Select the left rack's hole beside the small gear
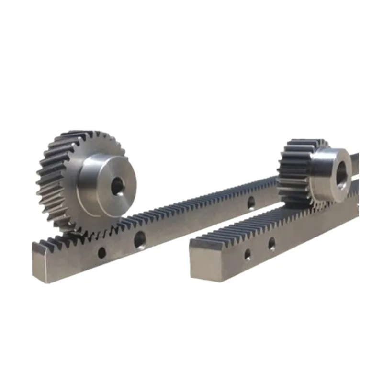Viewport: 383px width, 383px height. point(250,203)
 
